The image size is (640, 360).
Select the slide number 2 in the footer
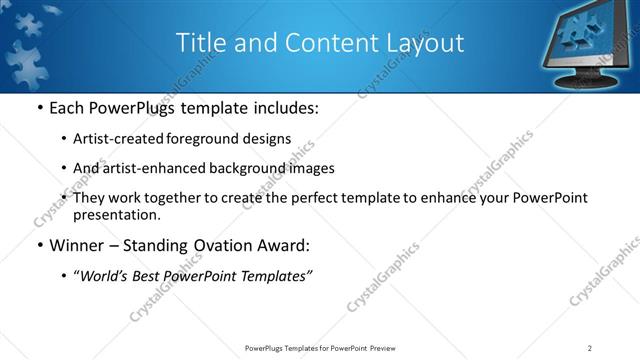click(x=590, y=347)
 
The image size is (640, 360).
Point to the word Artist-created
click(x=113, y=138)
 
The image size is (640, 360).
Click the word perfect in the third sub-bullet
click(x=330, y=198)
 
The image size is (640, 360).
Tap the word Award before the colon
click(x=279, y=245)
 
